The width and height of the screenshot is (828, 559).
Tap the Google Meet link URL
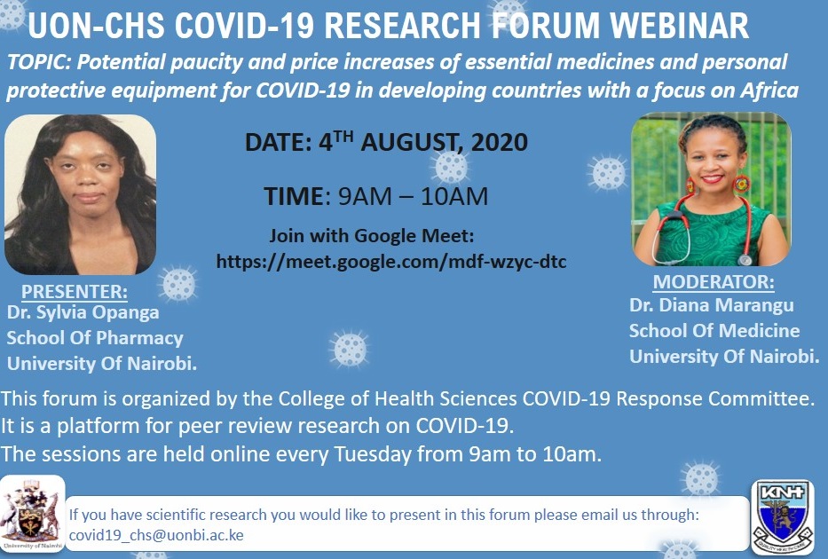[391, 261]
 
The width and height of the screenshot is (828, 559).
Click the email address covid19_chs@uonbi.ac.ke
[156, 535]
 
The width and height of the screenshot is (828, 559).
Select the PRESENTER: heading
[75, 291]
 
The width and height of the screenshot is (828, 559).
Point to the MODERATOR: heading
[714, 281]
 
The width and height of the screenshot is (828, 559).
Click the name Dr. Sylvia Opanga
[83, 312]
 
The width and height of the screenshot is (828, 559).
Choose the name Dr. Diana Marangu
[711, 305]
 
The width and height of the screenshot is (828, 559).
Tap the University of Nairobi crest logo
[32, 514]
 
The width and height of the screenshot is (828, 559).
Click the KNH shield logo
[783, 516]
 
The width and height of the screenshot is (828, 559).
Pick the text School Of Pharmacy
[95, 338]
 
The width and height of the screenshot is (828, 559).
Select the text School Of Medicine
[714, 331]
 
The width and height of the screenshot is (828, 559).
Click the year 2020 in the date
[499, 143]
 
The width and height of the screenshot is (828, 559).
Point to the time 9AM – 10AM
[413, 196]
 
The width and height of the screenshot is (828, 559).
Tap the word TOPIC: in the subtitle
[40, 62]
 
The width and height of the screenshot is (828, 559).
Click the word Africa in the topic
[769, 91]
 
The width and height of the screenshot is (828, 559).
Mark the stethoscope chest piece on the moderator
[745, 260]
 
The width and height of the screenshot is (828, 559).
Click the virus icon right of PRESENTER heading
[178, 284]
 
